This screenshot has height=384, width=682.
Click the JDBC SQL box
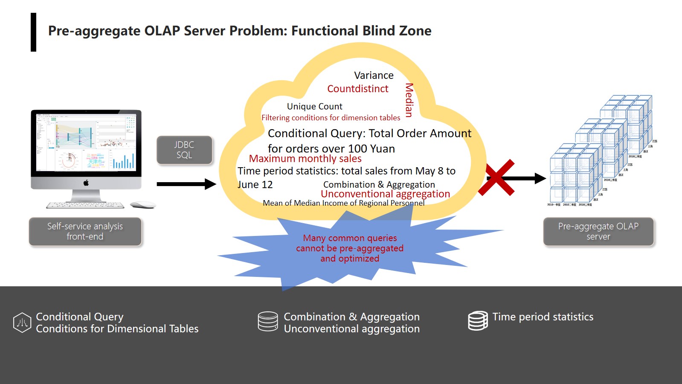[184, 150]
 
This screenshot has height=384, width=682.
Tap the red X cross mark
[496, 178]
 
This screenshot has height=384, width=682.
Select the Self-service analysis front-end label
[85, 231]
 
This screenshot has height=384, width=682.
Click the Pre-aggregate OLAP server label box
[598, 231]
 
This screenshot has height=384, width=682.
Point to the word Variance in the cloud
[374, 76]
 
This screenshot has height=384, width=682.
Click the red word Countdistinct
[357, 89]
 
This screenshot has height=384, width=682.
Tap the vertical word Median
[409, 100]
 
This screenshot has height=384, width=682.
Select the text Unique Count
[314, 106]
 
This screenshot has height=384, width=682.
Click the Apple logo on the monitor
[86, 183]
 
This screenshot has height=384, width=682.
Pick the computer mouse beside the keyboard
[142, 205]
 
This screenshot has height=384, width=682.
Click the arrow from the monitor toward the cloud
[186, 184]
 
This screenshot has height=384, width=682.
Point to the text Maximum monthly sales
[305, 159]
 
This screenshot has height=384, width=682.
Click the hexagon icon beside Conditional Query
[22, 323]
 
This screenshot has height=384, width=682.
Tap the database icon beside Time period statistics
[478, 320]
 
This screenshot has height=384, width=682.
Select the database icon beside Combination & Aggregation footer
[268, 321]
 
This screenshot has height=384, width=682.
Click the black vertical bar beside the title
[33, 32]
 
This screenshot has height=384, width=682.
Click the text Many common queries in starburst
[350, 238]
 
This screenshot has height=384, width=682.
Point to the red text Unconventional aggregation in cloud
[385, 194]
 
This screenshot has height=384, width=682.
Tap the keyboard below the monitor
[85, 205]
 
